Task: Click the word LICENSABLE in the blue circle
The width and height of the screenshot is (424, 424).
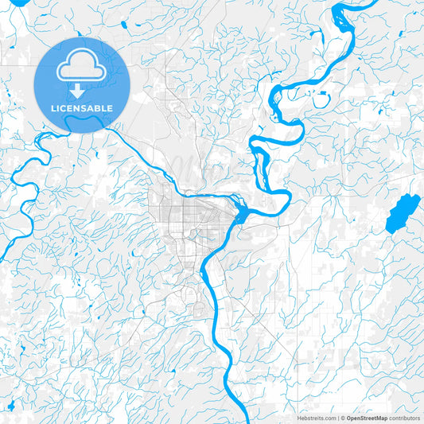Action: (x=82, y=108)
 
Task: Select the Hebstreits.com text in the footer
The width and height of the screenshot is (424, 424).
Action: (x=315, y=418)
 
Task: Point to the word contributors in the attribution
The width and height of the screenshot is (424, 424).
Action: (x=404, y=418)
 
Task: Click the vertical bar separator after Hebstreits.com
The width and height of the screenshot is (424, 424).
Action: (x=336, y=418)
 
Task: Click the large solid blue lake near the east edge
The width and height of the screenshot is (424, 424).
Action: (x=402, y=212)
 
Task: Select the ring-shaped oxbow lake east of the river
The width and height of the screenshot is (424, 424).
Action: (x=321, y=100)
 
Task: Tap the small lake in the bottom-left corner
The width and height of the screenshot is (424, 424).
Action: (x=12, y=407)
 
